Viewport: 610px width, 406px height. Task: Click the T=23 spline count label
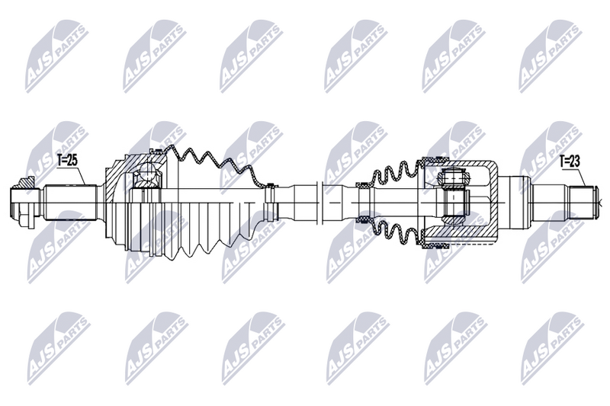571,161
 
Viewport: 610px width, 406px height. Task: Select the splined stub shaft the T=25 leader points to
69,202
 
